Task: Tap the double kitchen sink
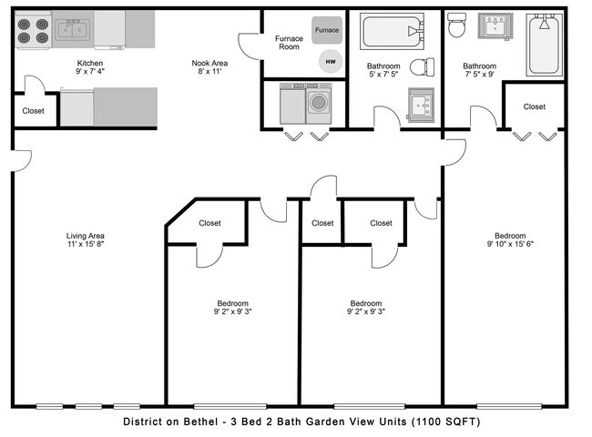click(71, 31)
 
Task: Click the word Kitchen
click(89, 63)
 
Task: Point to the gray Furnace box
click(326, 30)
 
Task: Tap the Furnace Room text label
click(289, 43)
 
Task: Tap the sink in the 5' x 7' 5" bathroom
click(421, 105)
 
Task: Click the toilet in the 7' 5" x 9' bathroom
click(457, 25)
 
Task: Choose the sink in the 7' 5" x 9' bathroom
click(496, 25)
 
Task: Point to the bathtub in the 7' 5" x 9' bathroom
click(545, 46)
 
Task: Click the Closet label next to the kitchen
click(33, 112)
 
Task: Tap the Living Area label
click(86, 236)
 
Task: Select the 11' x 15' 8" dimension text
click(86, 245)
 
